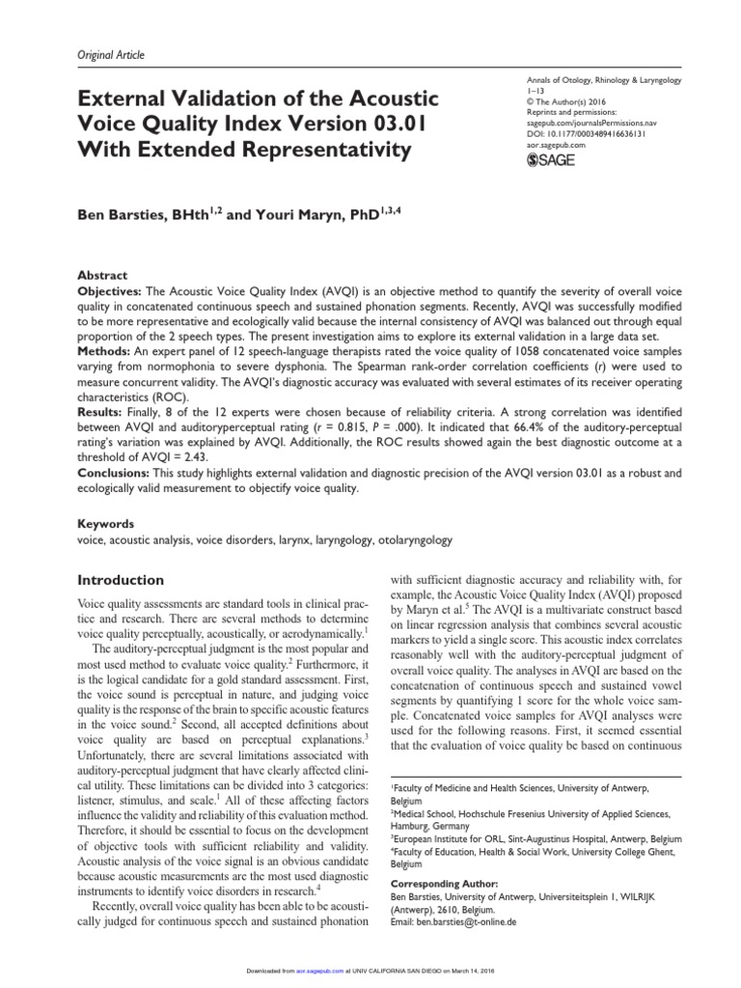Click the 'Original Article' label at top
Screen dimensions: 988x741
pyautogui.click(x=110, y=56)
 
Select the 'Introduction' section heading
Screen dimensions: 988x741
pyautogui.click(x=120, y=581)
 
